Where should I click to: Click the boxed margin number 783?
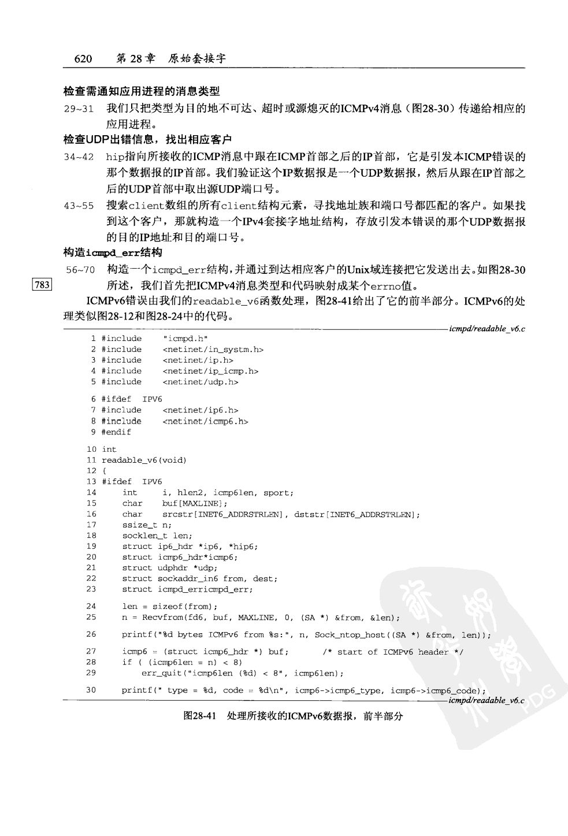(42, 284)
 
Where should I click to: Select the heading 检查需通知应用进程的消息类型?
(142, 91)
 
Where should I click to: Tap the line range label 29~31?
(79, 109)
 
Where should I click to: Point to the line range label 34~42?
(79, 157)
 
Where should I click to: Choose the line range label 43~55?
(79, 206)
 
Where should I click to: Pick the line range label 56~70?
(79, 270)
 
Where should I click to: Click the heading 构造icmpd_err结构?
(113, 252)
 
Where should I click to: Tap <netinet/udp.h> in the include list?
(200, 382)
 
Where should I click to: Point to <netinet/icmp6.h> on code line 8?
(205, 421)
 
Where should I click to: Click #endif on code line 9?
(116, 432)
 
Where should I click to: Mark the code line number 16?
(91, 514)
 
